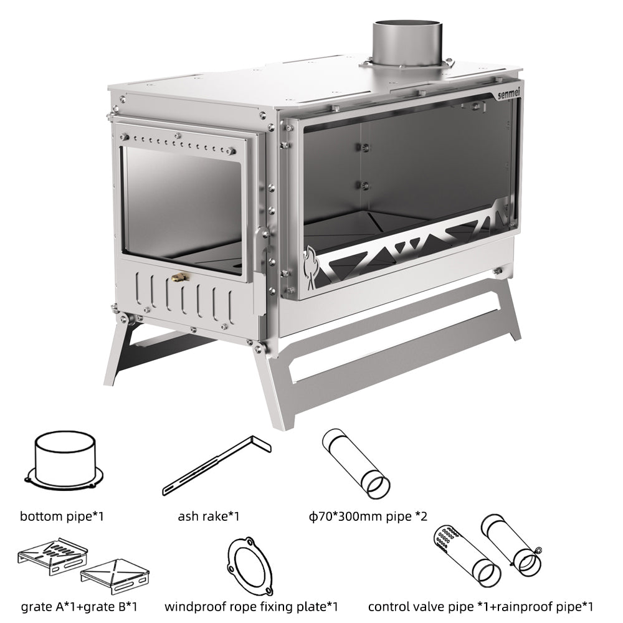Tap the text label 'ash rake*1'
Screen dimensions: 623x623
pyautogui.click(x=209, y=516)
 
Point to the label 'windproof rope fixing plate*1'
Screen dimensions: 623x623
pyautogui.click(x=252, y=606)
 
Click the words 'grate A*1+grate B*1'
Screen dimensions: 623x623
pyautogui.click(x=78, y=606)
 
